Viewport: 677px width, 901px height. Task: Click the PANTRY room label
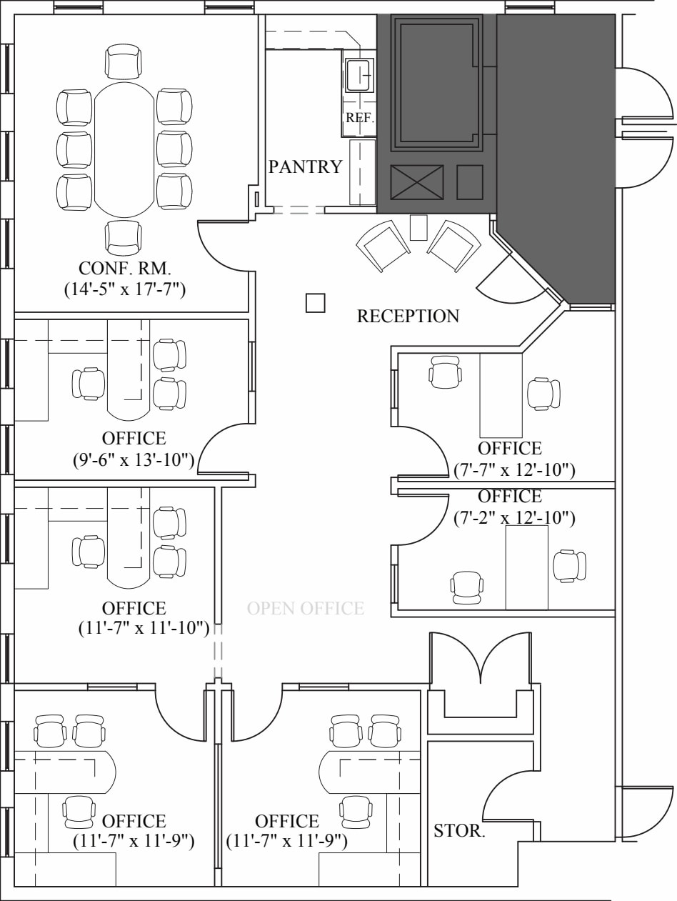305,166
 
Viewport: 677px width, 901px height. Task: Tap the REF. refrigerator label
360,118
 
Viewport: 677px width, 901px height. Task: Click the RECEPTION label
408,316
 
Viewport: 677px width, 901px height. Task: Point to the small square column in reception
315,303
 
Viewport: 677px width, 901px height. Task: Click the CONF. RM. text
124,269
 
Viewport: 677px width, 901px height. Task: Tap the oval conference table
124,149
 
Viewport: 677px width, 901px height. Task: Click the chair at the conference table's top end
124,61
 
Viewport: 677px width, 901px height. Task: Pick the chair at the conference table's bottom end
124,237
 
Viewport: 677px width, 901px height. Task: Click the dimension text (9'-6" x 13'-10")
134,459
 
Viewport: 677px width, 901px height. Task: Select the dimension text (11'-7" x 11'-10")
144,628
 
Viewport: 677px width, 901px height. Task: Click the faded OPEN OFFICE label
306,608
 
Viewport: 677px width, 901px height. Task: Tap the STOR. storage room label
459,831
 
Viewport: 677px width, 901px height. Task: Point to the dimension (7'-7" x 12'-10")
514,469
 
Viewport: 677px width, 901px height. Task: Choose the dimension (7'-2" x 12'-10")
514,517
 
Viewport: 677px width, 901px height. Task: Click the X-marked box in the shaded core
416,182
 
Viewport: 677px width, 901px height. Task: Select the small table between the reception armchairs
418,227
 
